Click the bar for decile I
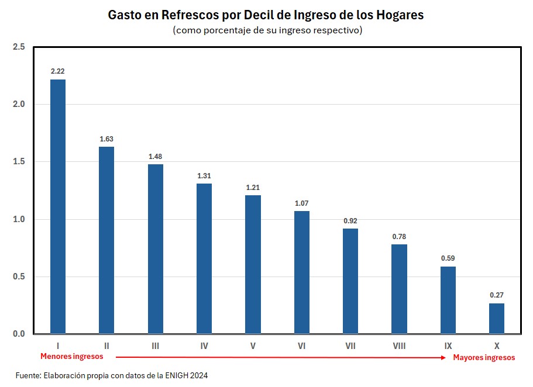pos(58,206)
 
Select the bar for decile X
pos(496,318)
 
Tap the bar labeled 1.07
pos(301,272)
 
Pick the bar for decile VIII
pos(399,289)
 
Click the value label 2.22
pos(58,71)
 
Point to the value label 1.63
pos(106,139)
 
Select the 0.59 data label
pos(448,258)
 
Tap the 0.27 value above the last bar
pos(496,295)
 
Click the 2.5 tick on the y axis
pos(19,47)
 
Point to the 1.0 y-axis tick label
pos(19,219)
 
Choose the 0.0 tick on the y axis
pos(19,334)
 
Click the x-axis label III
pos(155,346)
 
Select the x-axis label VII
pos(350,346)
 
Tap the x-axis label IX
pos(448,346)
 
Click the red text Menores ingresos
pos(71,356)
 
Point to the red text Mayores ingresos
pos(484,357)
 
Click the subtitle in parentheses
pos(267,30)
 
